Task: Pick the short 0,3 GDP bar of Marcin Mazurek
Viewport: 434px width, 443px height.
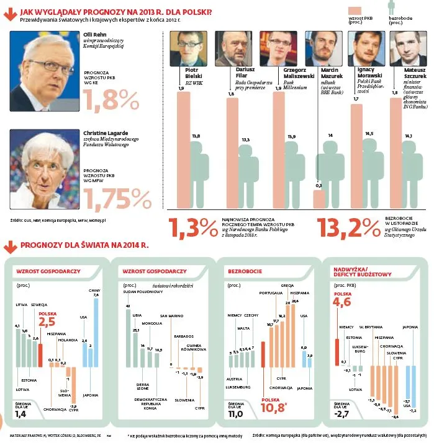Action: click(x=319, y=199)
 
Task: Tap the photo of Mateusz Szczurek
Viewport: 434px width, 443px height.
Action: click(x=404, y=46)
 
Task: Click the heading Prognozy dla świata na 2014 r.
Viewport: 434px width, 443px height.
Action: click(x=84, y=245)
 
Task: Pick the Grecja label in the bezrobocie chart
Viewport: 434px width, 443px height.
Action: click(x=287, y=286)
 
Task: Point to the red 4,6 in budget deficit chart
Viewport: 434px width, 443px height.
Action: click(x=342, y=302)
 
